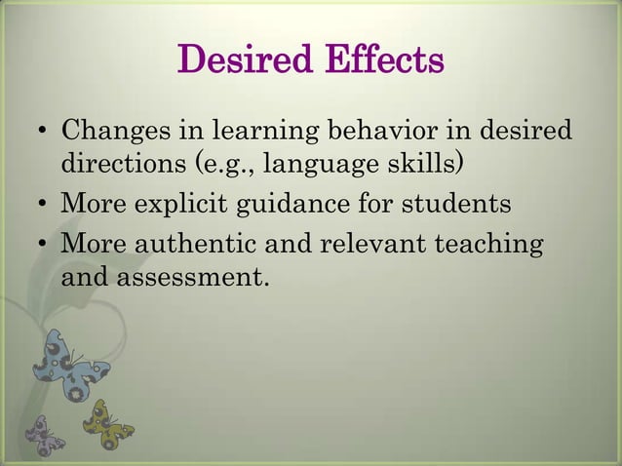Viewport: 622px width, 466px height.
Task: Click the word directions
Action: click(126, 159)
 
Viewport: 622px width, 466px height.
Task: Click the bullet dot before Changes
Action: click(42, 132)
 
